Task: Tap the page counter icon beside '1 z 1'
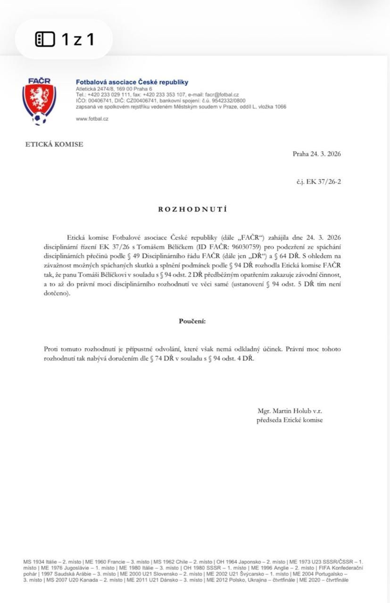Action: click(x=45, y=39)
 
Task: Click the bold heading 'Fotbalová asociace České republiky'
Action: click(x=132, y=82)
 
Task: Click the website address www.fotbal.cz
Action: click(x=92, y=119)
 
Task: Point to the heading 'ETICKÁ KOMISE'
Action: click(x=54, y=145)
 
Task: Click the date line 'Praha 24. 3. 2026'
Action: click(x=316, y=154)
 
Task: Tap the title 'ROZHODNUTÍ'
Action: click(x=192, y=209)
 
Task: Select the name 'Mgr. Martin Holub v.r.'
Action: click(x=290, y=411)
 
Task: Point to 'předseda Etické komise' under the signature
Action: click(x=290, y=420)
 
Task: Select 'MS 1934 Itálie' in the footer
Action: click(x=40, y=562)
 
